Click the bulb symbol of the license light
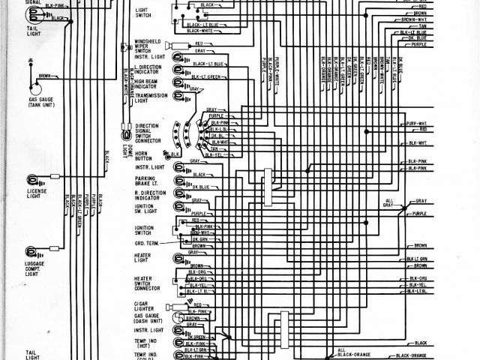coord(33,179)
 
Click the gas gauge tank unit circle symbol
coord(33,85)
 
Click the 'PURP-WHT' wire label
coord(416,124)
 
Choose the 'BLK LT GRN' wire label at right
coord(417,259)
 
